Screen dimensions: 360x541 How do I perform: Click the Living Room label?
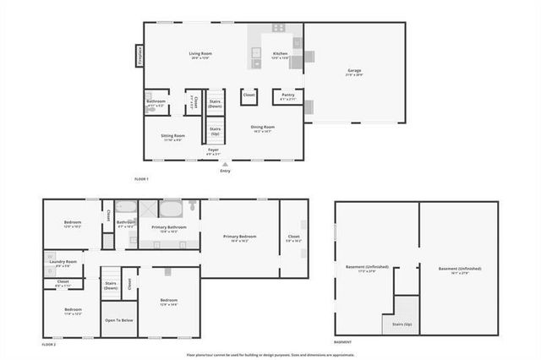(200, 54)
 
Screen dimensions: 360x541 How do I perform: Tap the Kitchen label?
(280, 54)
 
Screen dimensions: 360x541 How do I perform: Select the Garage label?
(354, 71)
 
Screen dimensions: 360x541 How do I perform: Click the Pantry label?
(288, 95)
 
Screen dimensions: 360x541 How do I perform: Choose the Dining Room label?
(263, 128)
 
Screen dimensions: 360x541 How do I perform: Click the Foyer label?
(214, 150)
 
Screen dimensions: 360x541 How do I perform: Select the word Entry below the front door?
(225, 172)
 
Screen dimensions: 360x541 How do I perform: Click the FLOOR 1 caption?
(141, 179)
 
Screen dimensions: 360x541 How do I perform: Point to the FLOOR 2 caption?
(49, 344)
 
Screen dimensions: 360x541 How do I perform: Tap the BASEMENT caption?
(343, 341)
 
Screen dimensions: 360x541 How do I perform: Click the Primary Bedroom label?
(239, 237)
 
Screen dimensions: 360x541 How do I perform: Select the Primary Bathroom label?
(169, 227)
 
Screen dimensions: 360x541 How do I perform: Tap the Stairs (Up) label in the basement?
(402, 324)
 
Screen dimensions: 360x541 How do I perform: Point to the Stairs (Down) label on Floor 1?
(215, 104)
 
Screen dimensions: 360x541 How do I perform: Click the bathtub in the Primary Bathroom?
(170, 210)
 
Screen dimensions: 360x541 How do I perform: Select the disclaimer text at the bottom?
(270, 354)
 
